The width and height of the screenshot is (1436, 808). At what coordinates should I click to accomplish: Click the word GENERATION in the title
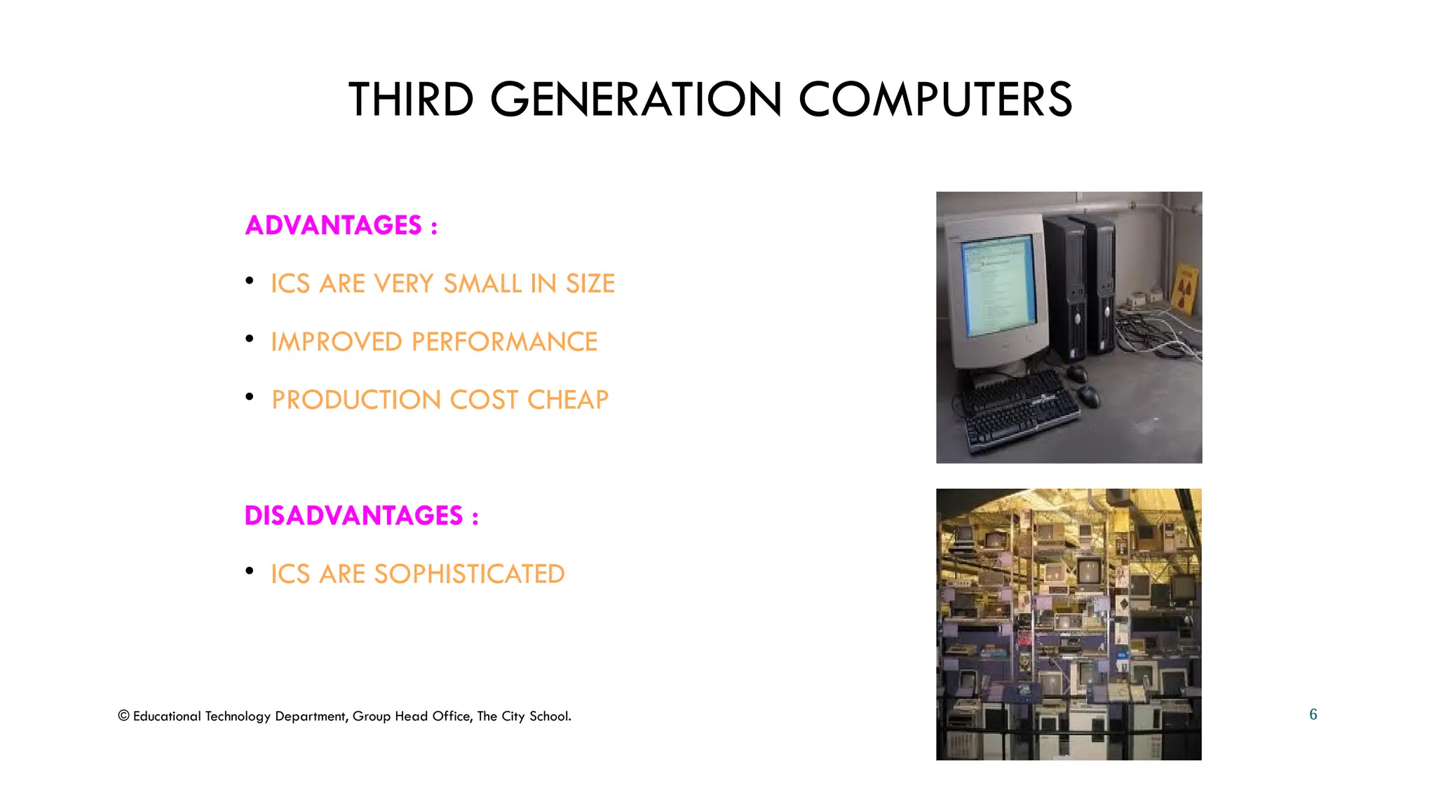coord(635,100)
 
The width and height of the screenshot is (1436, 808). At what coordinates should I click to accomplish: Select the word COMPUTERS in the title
coord(935,100)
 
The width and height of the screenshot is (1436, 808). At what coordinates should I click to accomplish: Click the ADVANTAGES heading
coord(334,225)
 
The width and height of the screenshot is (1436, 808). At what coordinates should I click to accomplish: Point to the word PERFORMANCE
coord(504,342)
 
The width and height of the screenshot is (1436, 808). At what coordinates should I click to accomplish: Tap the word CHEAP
coord(568,400)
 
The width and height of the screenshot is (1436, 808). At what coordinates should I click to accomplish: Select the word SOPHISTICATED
coord(469,574)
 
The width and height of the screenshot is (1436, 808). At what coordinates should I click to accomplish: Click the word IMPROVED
coord(337,342)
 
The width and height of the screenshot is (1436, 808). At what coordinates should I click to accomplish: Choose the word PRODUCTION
coord(355,400)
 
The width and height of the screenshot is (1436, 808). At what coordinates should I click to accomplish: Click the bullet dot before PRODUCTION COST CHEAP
coord(250,397)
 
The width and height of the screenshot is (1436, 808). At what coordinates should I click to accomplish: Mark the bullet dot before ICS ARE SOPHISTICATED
coord(250,571)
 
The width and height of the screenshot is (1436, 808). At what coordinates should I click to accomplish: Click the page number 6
coord(1313,715)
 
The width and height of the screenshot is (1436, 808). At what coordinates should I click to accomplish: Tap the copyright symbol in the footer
coord(123,716)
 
